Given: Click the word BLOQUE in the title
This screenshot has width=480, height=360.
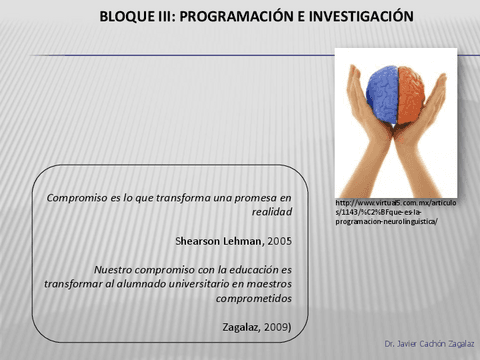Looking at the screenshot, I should pos(128,18).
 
